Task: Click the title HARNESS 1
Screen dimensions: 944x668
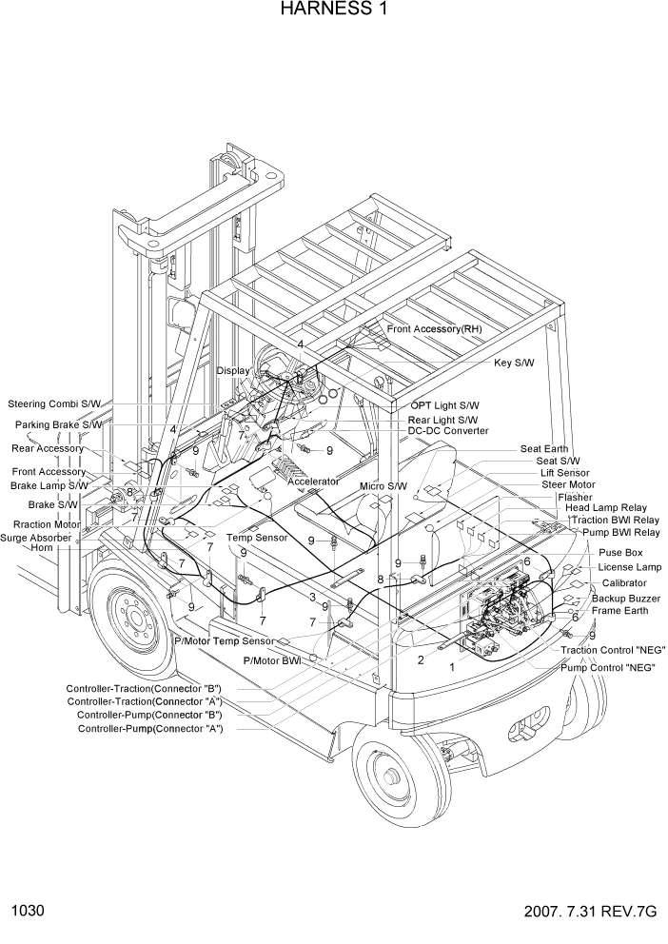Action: [x=333, y=10]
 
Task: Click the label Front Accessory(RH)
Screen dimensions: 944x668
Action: [x=434, y=328]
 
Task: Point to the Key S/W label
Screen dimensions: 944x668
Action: [x=515, y=363]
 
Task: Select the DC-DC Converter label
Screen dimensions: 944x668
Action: [x=448, y=431]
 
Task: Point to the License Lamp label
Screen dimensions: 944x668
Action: [x=629, y=567]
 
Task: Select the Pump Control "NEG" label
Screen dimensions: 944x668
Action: [x=607, y=667]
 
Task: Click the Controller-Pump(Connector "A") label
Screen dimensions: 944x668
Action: [x=150, y=729]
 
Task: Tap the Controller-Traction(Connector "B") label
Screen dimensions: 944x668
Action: [x=144, y=688]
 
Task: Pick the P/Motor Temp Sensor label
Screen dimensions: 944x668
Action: [x=224, y=640]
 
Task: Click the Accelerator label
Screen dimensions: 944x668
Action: [x=313, y=482]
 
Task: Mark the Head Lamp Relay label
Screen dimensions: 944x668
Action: [x=606, y=508]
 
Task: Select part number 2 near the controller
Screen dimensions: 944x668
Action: [x=421, y=659]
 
